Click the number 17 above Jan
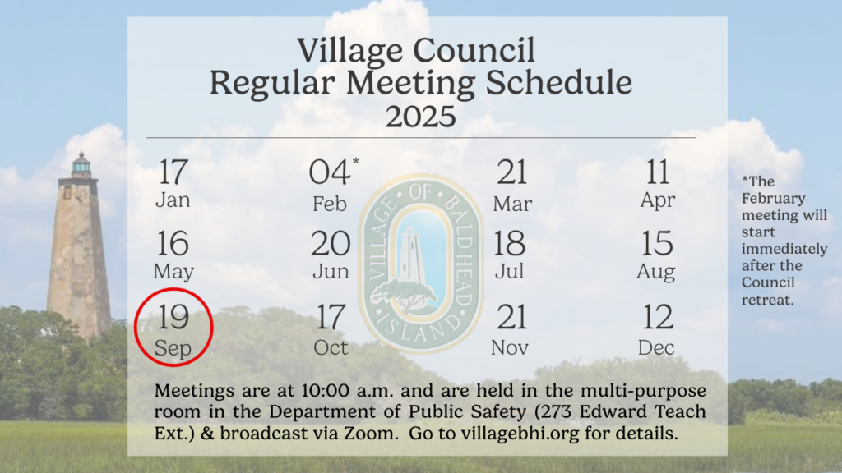pos(173,172)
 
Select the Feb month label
pos(330,204)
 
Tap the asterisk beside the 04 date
pos(355,161)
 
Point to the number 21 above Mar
pos(511,172)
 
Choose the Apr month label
pos(658,200)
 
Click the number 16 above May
pos(173,243)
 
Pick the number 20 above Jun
pos(331,243)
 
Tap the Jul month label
pos(509,271)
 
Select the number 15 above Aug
pos(657,243)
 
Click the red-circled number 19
pos(173,317)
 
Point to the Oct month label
pos(331,348)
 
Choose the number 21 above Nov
pos(511,317)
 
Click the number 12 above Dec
pos(657,317)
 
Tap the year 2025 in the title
pos(420,117)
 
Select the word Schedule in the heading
pos(559,83)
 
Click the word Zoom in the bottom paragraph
pos(368,434)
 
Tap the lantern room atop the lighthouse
pos(81,166)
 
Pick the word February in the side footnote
pos(773,199)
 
